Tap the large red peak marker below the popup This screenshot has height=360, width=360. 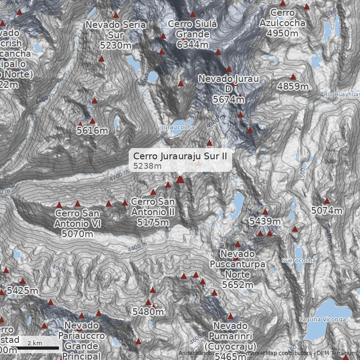pyautogui.click(x=180, y=180)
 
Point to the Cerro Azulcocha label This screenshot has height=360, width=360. pyautogui.click(x=282, y=23)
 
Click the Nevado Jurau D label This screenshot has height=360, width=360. pyautogui.click(x=229, y=89)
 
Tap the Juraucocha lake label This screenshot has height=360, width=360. pyautogui.click(x=178, y=127)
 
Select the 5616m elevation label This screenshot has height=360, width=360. pyautogui.click(x=92, y=131)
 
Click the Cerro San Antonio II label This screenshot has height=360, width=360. pyautogui.click(x=153, y=211)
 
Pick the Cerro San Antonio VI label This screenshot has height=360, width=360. pyautogui.click(x=77, y=223)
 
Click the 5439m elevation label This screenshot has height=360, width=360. pyautogui.click(x=265, y=221)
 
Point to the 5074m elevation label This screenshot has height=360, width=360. pyautogui.click(x=327, y=211)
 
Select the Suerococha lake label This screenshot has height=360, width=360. pyautogui.click(x=298, y=261)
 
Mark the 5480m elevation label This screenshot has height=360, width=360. pyautogui.click(x=148, y=311)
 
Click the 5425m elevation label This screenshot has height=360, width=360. pyautogui.click(x=22, y=291)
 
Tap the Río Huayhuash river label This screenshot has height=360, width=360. pyautogui.click(x=342, y=94)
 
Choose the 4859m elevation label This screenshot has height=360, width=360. pyautogui.click(x=293, y=86)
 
